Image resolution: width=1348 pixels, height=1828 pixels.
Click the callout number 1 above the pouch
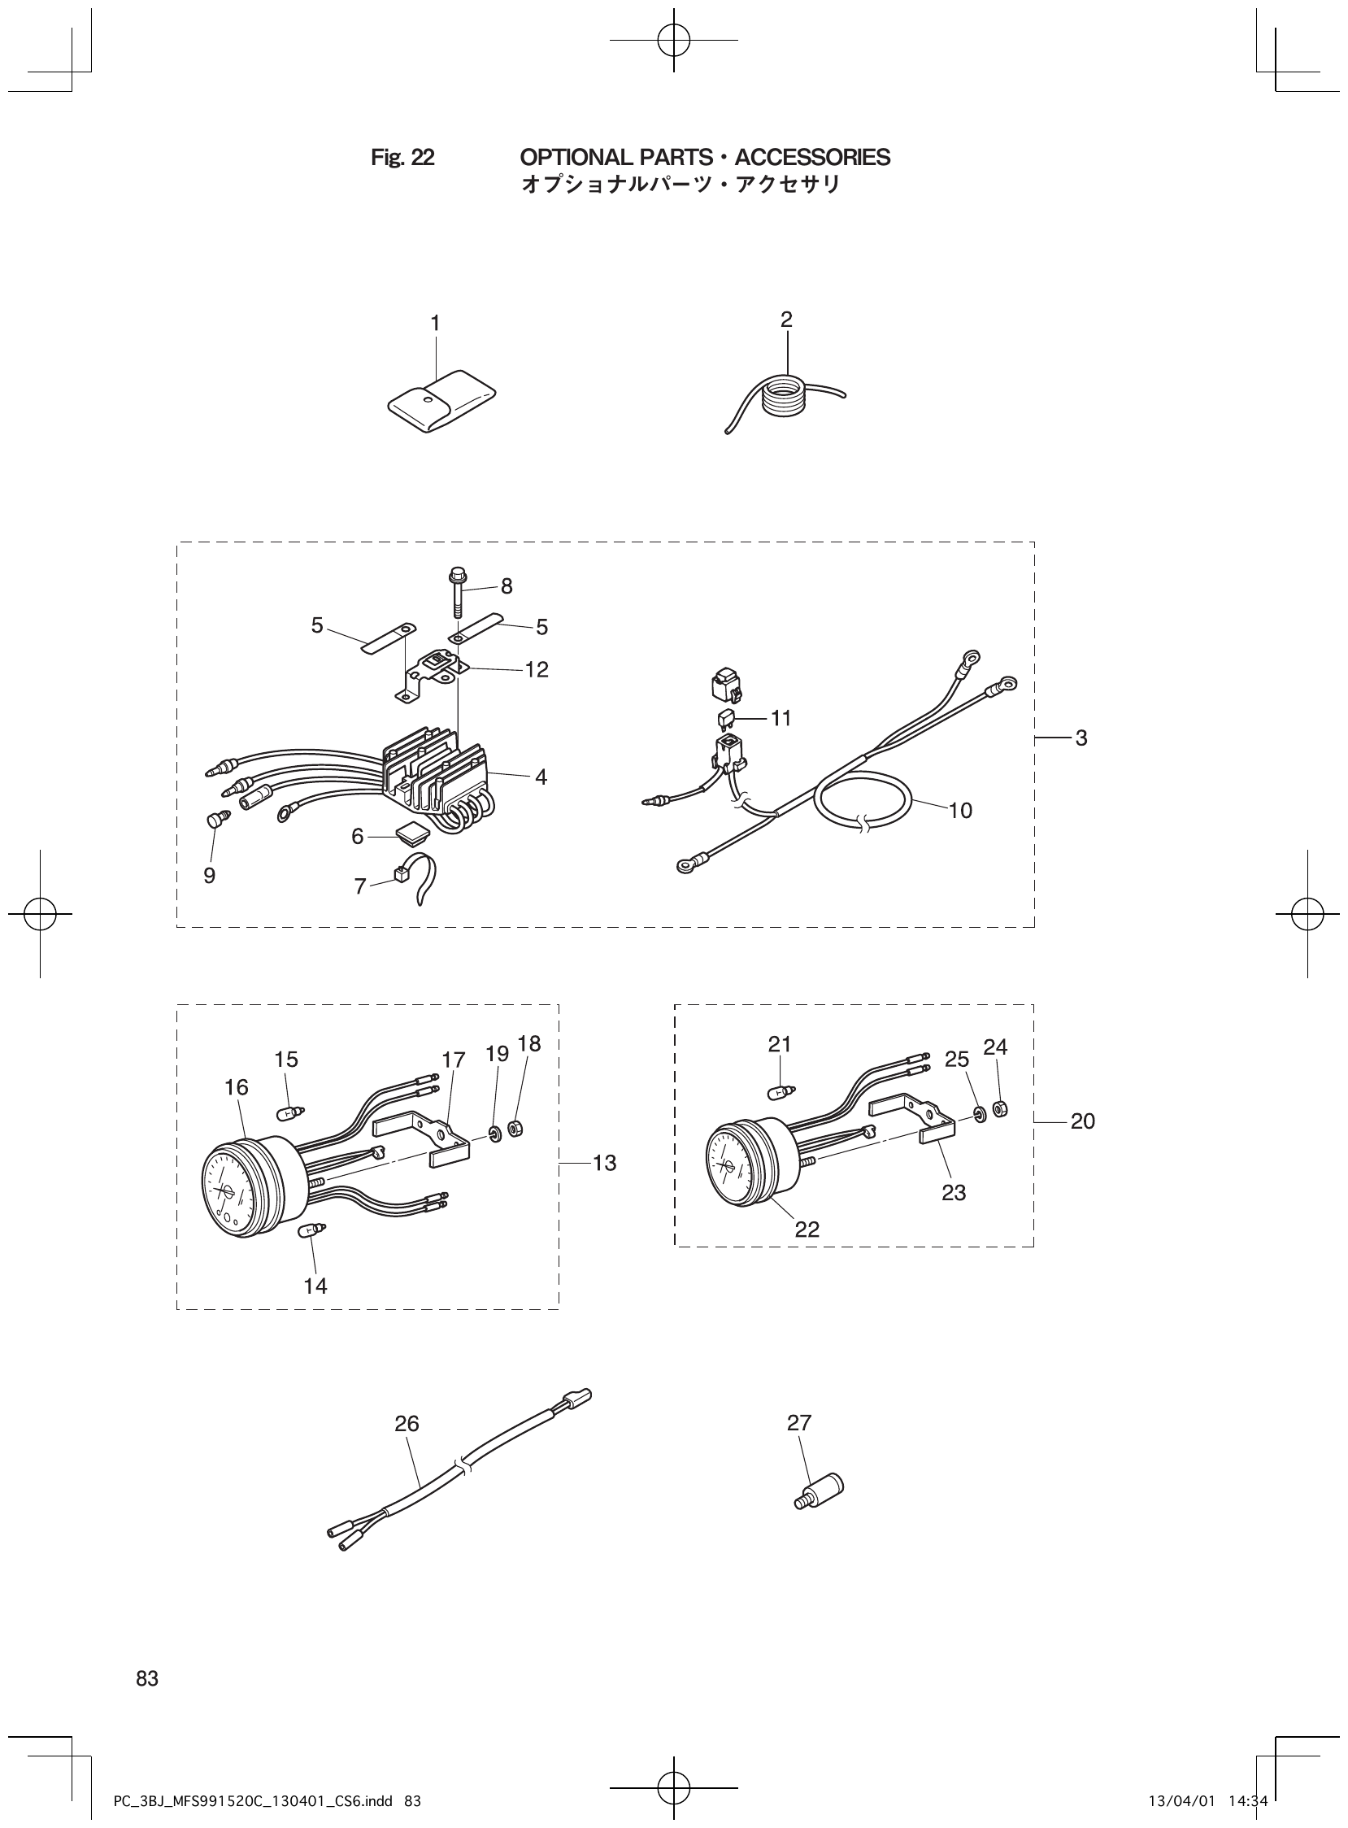pos(435,324)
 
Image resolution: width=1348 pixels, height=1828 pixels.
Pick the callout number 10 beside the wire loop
pos(960,811)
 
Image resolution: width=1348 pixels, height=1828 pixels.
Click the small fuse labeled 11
pos(725,718)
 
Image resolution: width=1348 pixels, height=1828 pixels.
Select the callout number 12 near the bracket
pos(536,670)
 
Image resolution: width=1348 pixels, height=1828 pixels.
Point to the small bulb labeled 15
pos(289,1112)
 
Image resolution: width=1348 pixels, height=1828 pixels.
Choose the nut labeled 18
pos(515,1129)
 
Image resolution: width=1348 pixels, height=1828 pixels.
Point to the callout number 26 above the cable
pos(407,1423)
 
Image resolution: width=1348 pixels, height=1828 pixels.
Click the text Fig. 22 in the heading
pos(402,158)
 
